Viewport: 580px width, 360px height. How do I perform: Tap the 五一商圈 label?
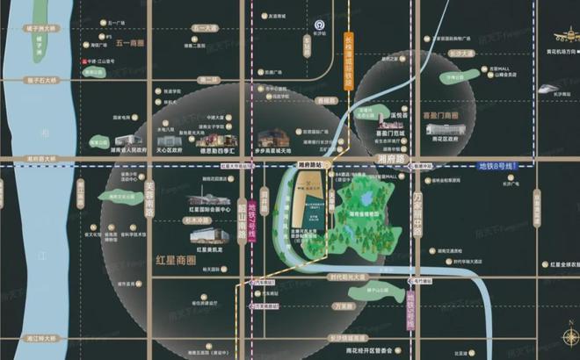(x=128, y=42)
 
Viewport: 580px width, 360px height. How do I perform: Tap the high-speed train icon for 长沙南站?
(x=548, y=89)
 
